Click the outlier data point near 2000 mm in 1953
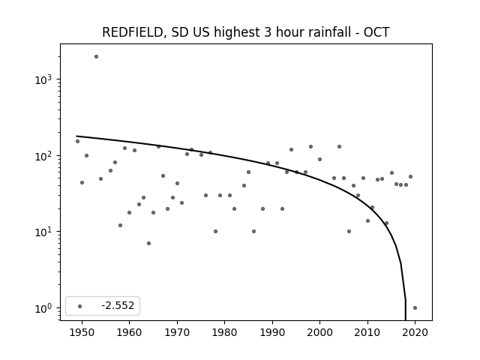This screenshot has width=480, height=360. click(96, 57)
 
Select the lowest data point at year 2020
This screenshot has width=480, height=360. click(415, 308)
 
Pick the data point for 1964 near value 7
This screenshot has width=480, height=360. click(148, 243)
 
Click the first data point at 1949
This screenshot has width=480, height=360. click(77, 142)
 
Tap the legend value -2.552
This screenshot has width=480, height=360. click(118, 305)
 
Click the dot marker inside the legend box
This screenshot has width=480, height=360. click(80, 306)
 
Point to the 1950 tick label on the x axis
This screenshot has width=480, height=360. click(82, 332)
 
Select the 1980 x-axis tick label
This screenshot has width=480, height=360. click(225, 332)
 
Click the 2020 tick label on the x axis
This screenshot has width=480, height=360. click(415, 332)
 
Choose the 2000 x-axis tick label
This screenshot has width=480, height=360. click(320, 332)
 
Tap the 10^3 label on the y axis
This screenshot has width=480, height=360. click(43, 79)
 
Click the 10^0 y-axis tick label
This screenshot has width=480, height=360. click(43, 308)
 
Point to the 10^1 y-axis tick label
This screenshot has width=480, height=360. click(43, 232)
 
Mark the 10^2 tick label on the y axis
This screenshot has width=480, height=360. click(43, 156)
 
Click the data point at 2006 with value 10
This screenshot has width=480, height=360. click(349, 232)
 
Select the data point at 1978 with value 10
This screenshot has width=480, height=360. click(215, 232)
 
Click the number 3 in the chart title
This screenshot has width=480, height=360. click(267, 32)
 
